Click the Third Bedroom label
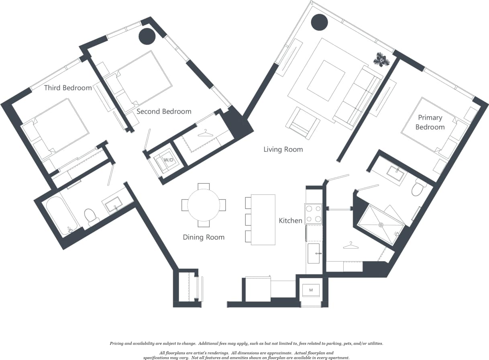pyautogui.click(x=68, y=88)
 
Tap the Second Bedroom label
pyautogui.click(x=164, y=111)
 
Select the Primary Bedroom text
pyautogui.click(x=430, y=122)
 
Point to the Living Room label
pyautogui.click(x=283, y=149)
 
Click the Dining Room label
pyautogui.click(x=204, y=237)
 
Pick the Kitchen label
pyautogui.click(x=290, y=221)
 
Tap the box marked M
pyautogui.click(x=311, y=290)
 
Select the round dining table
pyautogui.click(x=204, y=205)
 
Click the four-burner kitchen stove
pyautogui.click(x=314, y=214)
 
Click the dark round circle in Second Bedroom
pyautogui.click(x=147, y=37)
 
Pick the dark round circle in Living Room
pyautogui.click(x=320, y=22)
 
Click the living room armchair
pyautogui.click(x=303, y=123)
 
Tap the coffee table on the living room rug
pyautogui.click(x=326, y=80)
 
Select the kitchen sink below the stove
pyautogui.click(x=314, y=253)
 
